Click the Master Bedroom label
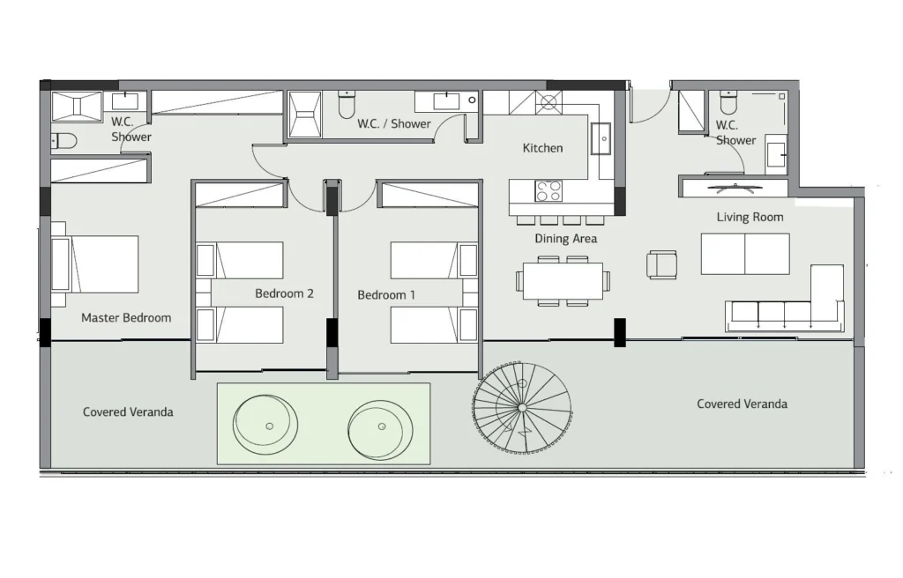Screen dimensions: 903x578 (x=126, y=318)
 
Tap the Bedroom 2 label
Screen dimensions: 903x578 (x=285, y=293)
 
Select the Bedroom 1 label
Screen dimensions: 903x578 (x=386, y=295)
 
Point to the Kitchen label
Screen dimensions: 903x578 (x=542, y=148)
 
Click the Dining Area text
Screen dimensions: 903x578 (x=565, y=239)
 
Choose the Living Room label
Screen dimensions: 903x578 (x=750, y=217)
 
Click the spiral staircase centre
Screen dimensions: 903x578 (x=522, y=408)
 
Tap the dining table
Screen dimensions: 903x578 (x=563, y=282)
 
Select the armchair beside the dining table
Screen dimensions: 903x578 (x=661, y=265)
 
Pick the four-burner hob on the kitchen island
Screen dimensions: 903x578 (x=549, y=191)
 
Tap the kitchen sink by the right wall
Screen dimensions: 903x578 (x=601, y=138)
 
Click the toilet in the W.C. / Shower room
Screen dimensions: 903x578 (x=347, y=104)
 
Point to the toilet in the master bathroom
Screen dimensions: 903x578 (x=63, y=141)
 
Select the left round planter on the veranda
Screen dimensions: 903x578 (x=265, y=426)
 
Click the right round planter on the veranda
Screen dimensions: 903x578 (x=380, y=426)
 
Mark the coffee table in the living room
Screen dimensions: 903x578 (x=745, y=254)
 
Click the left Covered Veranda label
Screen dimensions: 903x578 (x=128, y=412)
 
